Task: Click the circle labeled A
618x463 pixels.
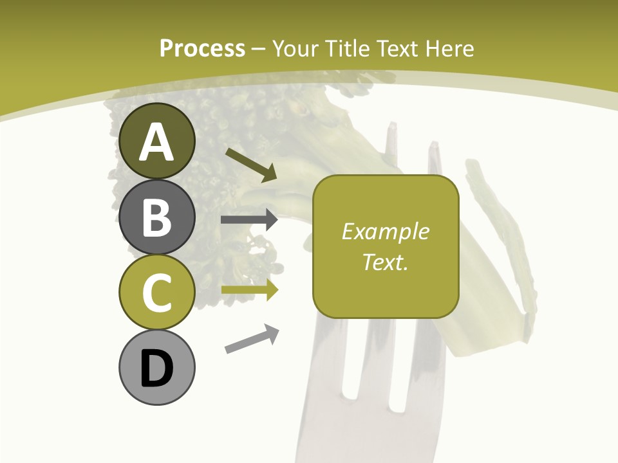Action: click(156, 141)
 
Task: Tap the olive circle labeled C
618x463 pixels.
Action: click(156, 292)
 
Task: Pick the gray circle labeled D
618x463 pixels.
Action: click(156, 367)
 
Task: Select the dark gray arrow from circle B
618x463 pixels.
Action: click(249, 220)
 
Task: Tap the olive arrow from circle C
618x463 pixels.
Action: click(249, 290)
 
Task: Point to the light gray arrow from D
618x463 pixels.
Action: click(252, 339)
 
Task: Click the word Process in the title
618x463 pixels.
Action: click(202, 49)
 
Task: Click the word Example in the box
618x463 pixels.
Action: click(385, 232)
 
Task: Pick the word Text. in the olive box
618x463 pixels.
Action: click(385, 262)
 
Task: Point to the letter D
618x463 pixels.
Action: click(156, 368)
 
